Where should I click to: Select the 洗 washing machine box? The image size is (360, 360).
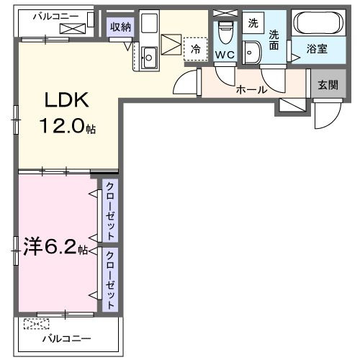pos(253,23)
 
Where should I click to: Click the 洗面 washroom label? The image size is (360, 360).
pos(274,39)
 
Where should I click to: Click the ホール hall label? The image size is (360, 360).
pos(252,90)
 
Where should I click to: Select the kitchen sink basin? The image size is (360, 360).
pos(150,56)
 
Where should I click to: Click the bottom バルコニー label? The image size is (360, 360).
pos(66,338)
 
